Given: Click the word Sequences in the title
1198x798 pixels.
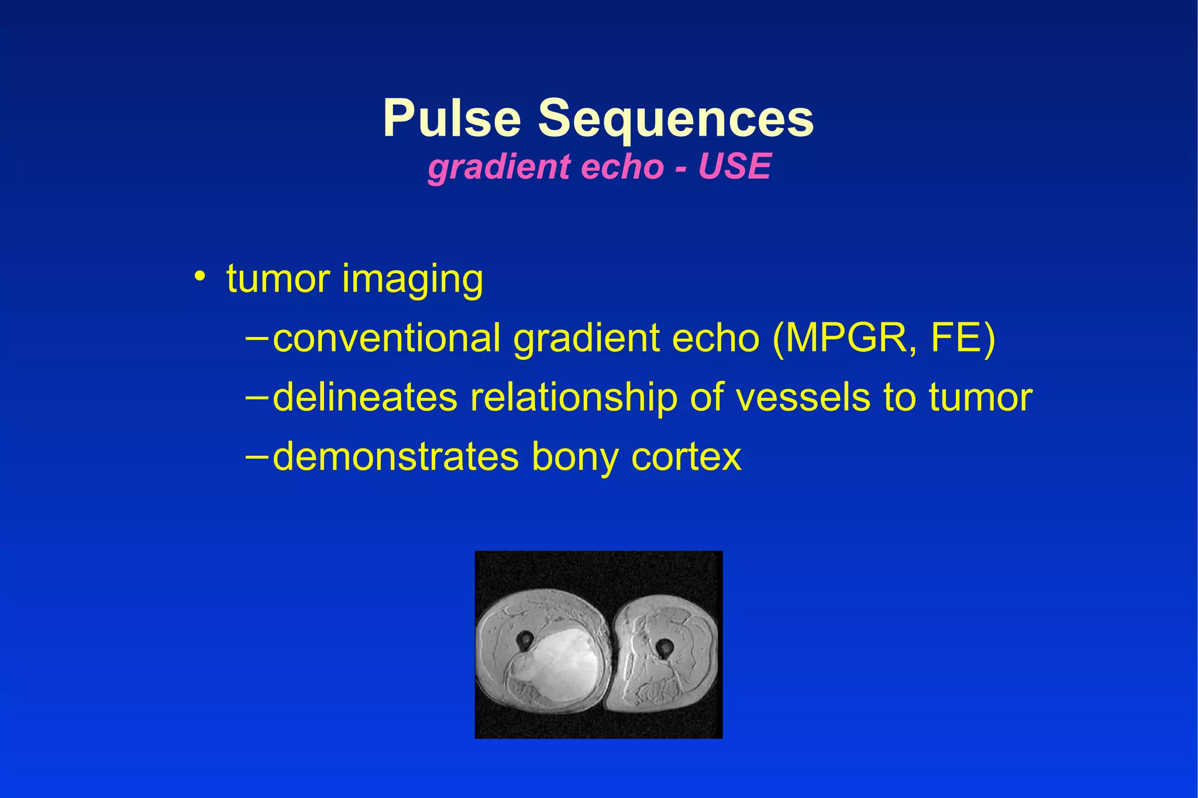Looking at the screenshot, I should [676, 119].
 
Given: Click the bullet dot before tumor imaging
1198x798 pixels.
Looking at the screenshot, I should [200, 276].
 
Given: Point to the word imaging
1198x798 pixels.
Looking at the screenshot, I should [412, 280].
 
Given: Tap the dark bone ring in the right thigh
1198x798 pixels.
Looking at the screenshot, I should [664, 648].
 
